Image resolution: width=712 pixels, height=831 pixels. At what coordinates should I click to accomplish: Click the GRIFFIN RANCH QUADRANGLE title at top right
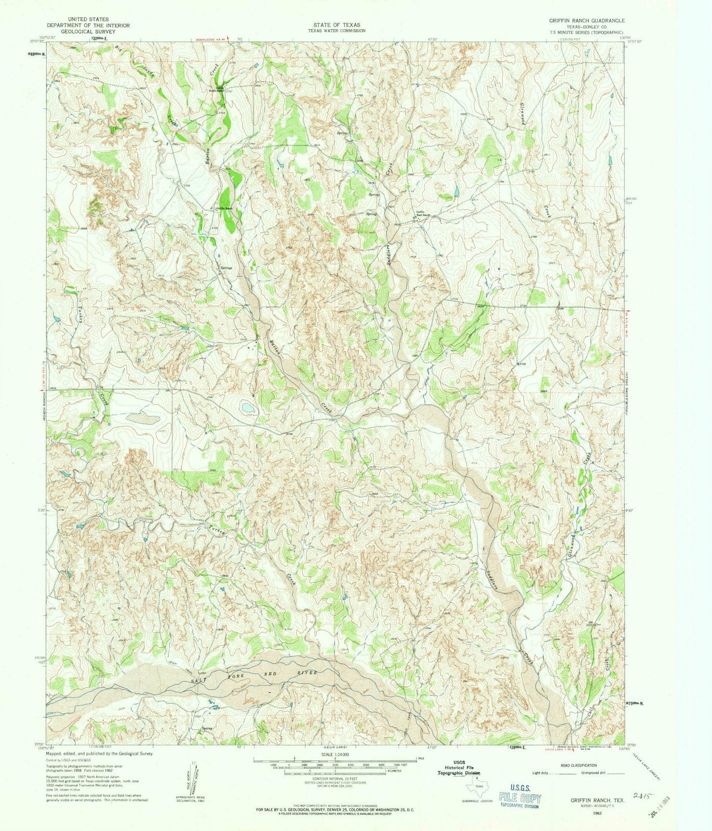580,20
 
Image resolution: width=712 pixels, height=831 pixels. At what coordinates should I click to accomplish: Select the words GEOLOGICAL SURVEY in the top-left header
88,31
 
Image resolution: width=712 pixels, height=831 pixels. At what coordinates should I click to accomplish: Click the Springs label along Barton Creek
226,268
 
